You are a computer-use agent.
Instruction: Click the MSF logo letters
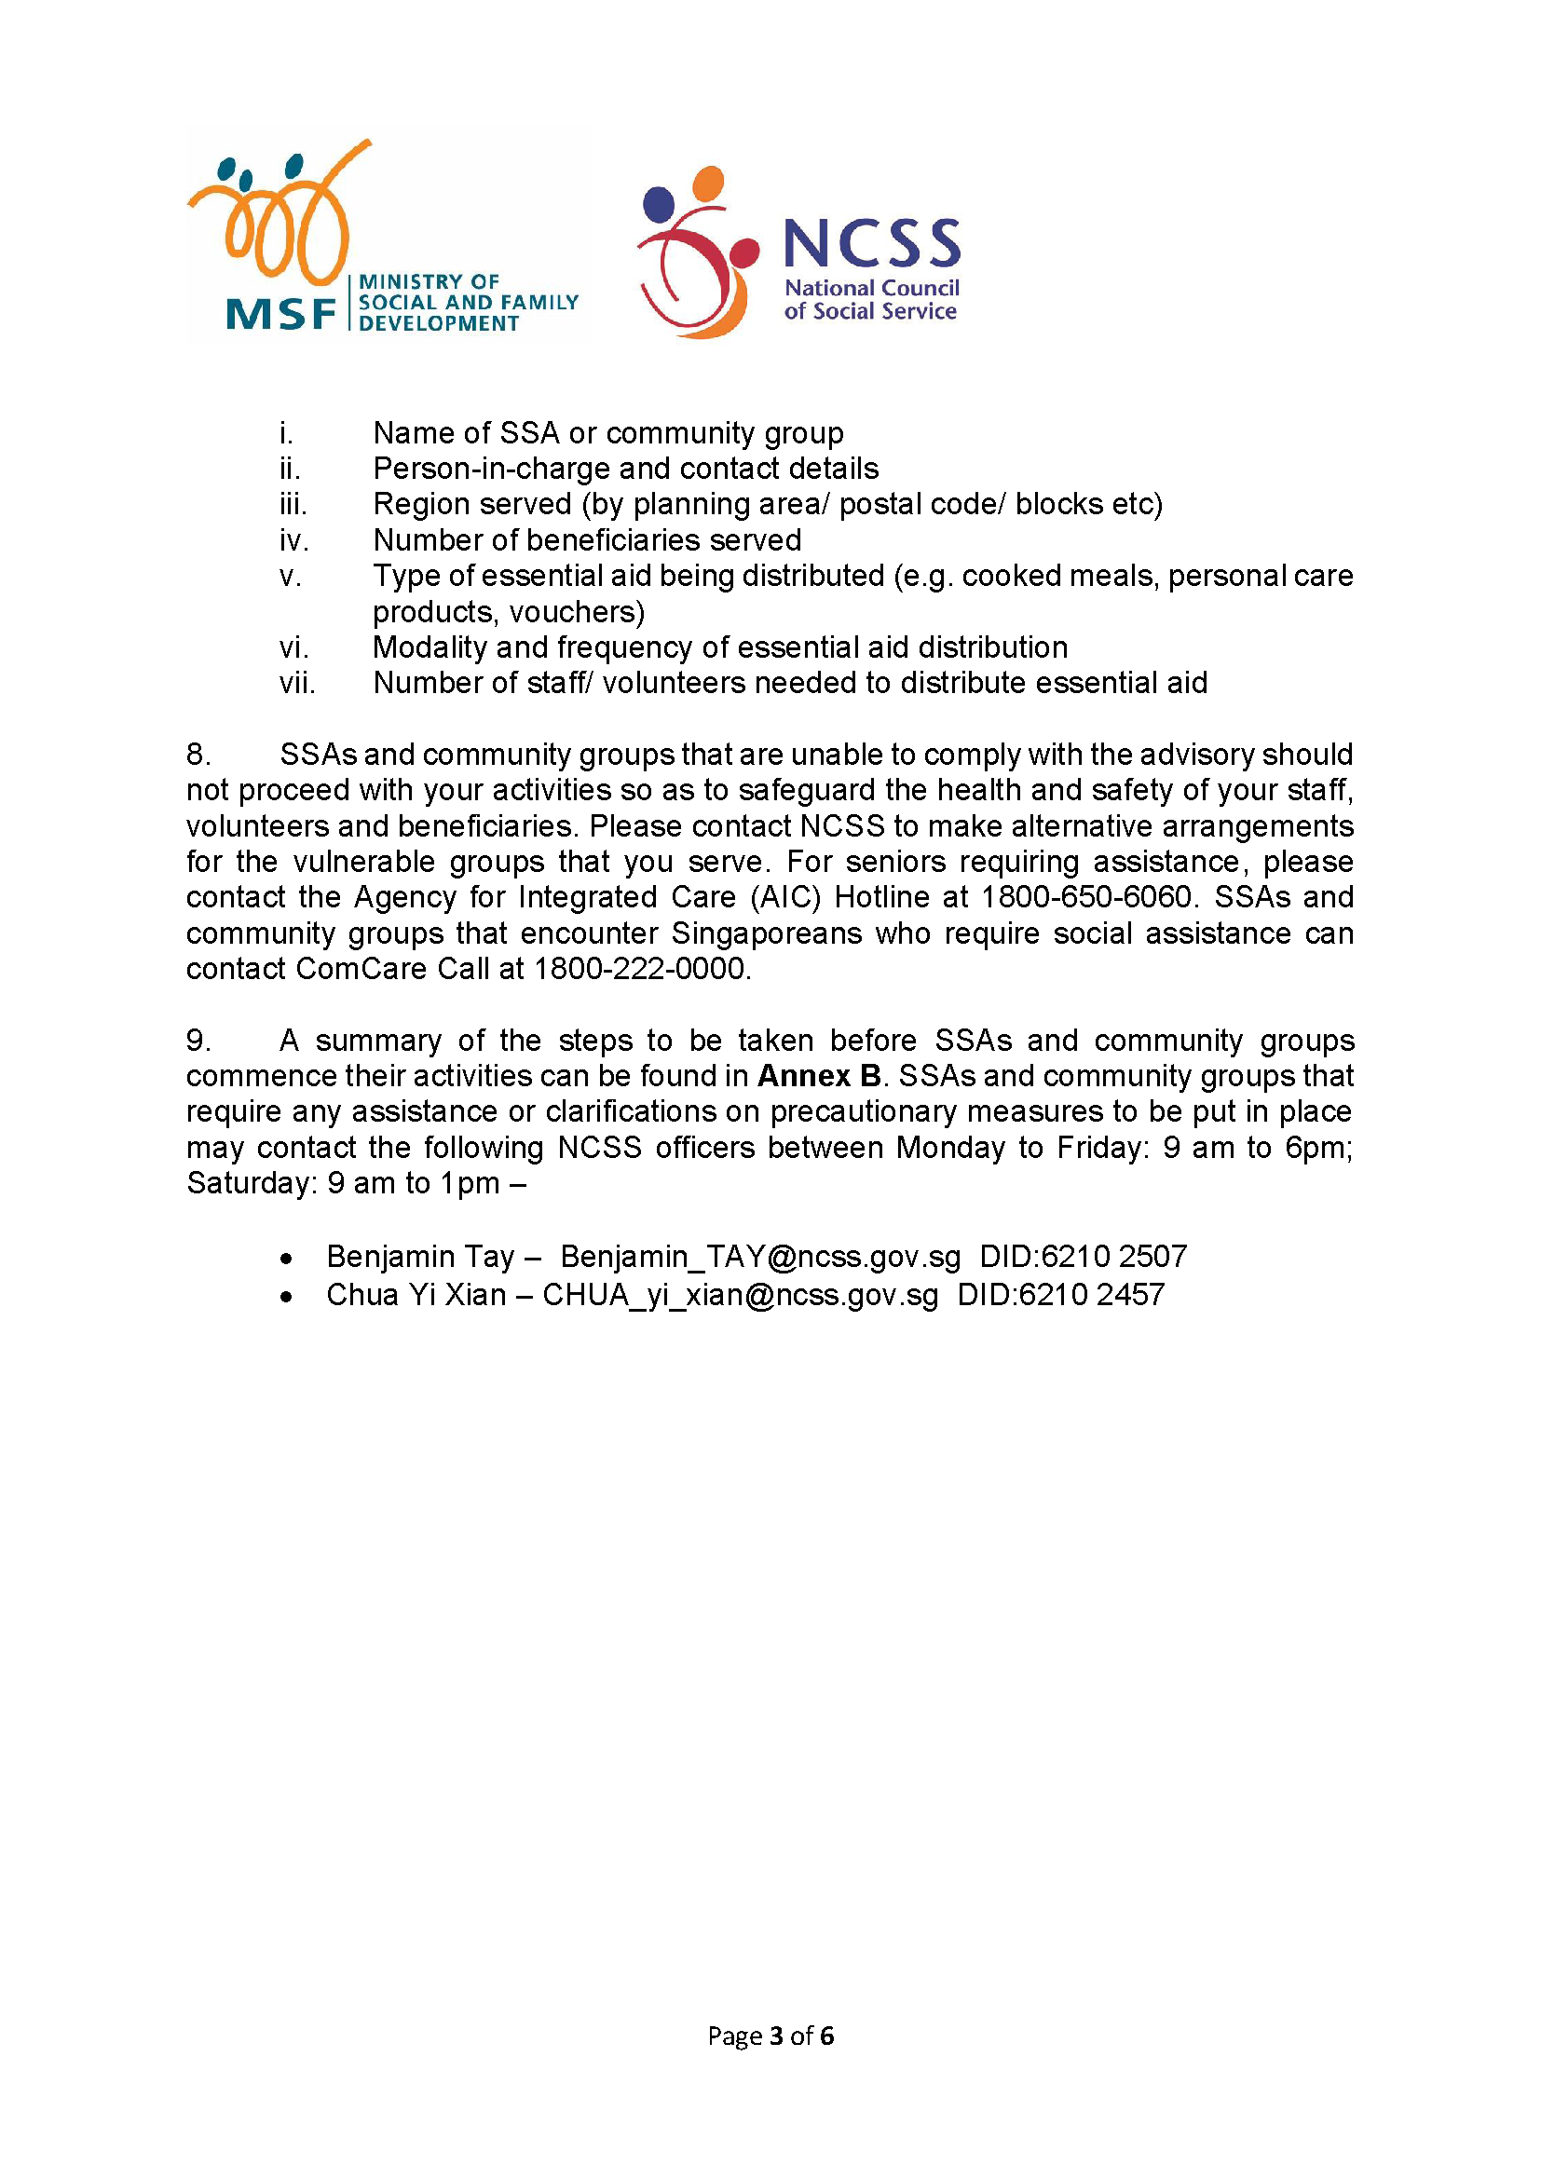point(280,313)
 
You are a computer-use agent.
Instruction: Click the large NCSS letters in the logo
point(871,243)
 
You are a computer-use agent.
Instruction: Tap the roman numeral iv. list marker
point(293,540)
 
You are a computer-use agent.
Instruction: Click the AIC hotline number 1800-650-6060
point(1085,897)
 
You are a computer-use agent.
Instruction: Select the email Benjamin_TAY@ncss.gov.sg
point(760,1257)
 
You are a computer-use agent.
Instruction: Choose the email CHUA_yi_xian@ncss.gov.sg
point(740,1295)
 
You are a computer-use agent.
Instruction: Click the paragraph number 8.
point(198,755)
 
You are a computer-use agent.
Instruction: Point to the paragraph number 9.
point(198,1042)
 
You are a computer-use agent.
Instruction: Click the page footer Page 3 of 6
point(770,2036)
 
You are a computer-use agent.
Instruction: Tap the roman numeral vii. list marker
point(297,683)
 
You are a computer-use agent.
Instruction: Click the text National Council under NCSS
point(871,288)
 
